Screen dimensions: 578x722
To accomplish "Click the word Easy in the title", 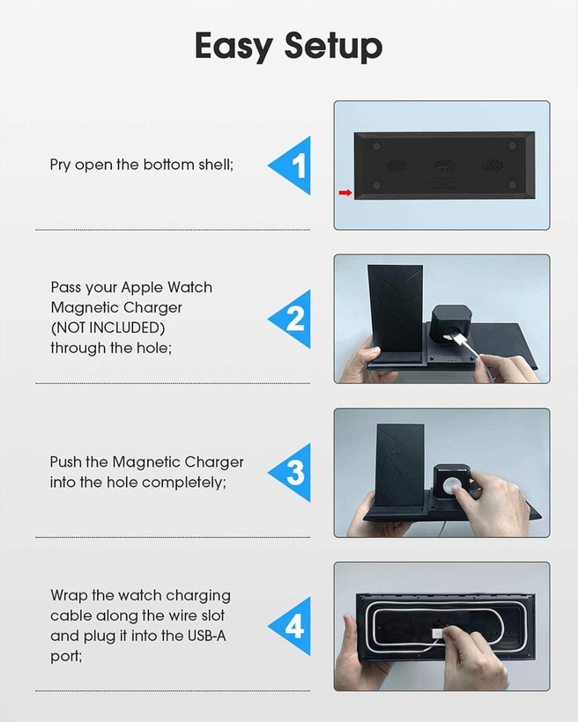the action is click(233, 47).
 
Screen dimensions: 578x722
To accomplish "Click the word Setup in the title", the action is click(333, 47).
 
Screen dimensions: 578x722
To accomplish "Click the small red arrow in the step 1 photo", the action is click(345, 193).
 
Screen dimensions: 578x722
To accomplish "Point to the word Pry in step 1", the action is click(60, 166).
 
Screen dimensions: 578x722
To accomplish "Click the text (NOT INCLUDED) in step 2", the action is click(107, 328).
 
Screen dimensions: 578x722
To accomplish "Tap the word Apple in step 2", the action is click(142, 288).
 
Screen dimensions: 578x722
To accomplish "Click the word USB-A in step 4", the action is click(206, 636).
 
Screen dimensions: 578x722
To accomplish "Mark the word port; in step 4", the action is click(66, 657).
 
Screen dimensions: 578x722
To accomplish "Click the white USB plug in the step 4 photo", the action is click(438, 634).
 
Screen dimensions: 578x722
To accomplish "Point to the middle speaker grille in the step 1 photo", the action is click(444, 165).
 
